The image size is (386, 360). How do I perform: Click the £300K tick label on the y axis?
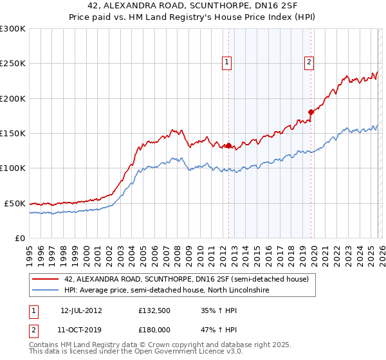pos(13,29)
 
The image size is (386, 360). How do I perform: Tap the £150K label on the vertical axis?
pos(13,134)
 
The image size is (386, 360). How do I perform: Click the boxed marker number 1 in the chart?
pos(227,62)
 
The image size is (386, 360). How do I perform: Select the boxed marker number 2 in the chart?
pos(309,62)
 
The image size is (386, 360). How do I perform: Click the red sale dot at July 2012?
pos(228,145)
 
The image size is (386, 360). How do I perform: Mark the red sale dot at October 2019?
pos(311,112)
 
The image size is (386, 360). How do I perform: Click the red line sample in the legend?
pos(45,279)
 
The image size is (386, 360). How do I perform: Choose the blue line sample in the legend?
pos(45,291)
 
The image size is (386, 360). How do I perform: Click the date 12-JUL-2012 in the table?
pos(81,310)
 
